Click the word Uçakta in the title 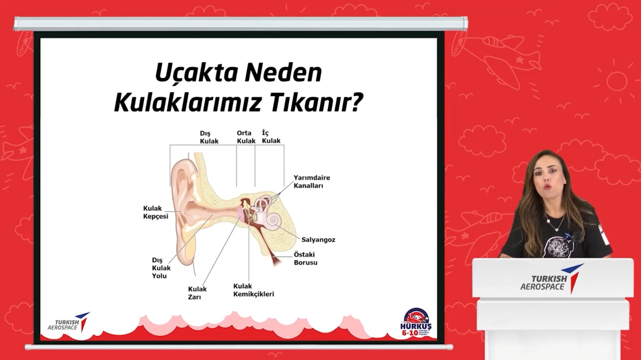coord(196,73)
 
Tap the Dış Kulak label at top coord(209,137)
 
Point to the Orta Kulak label coord(246,137)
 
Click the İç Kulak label coord(271,137)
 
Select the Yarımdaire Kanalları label coord(311,181)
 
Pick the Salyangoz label coord(318,239)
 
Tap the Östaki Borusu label coord(305,258)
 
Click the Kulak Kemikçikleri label coord(253,290)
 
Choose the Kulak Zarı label coord(197,293)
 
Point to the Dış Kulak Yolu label coord(161,268)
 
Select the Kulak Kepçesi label coord(155,212)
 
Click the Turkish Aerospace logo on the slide coord(68,323)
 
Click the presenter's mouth coord(547,187)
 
